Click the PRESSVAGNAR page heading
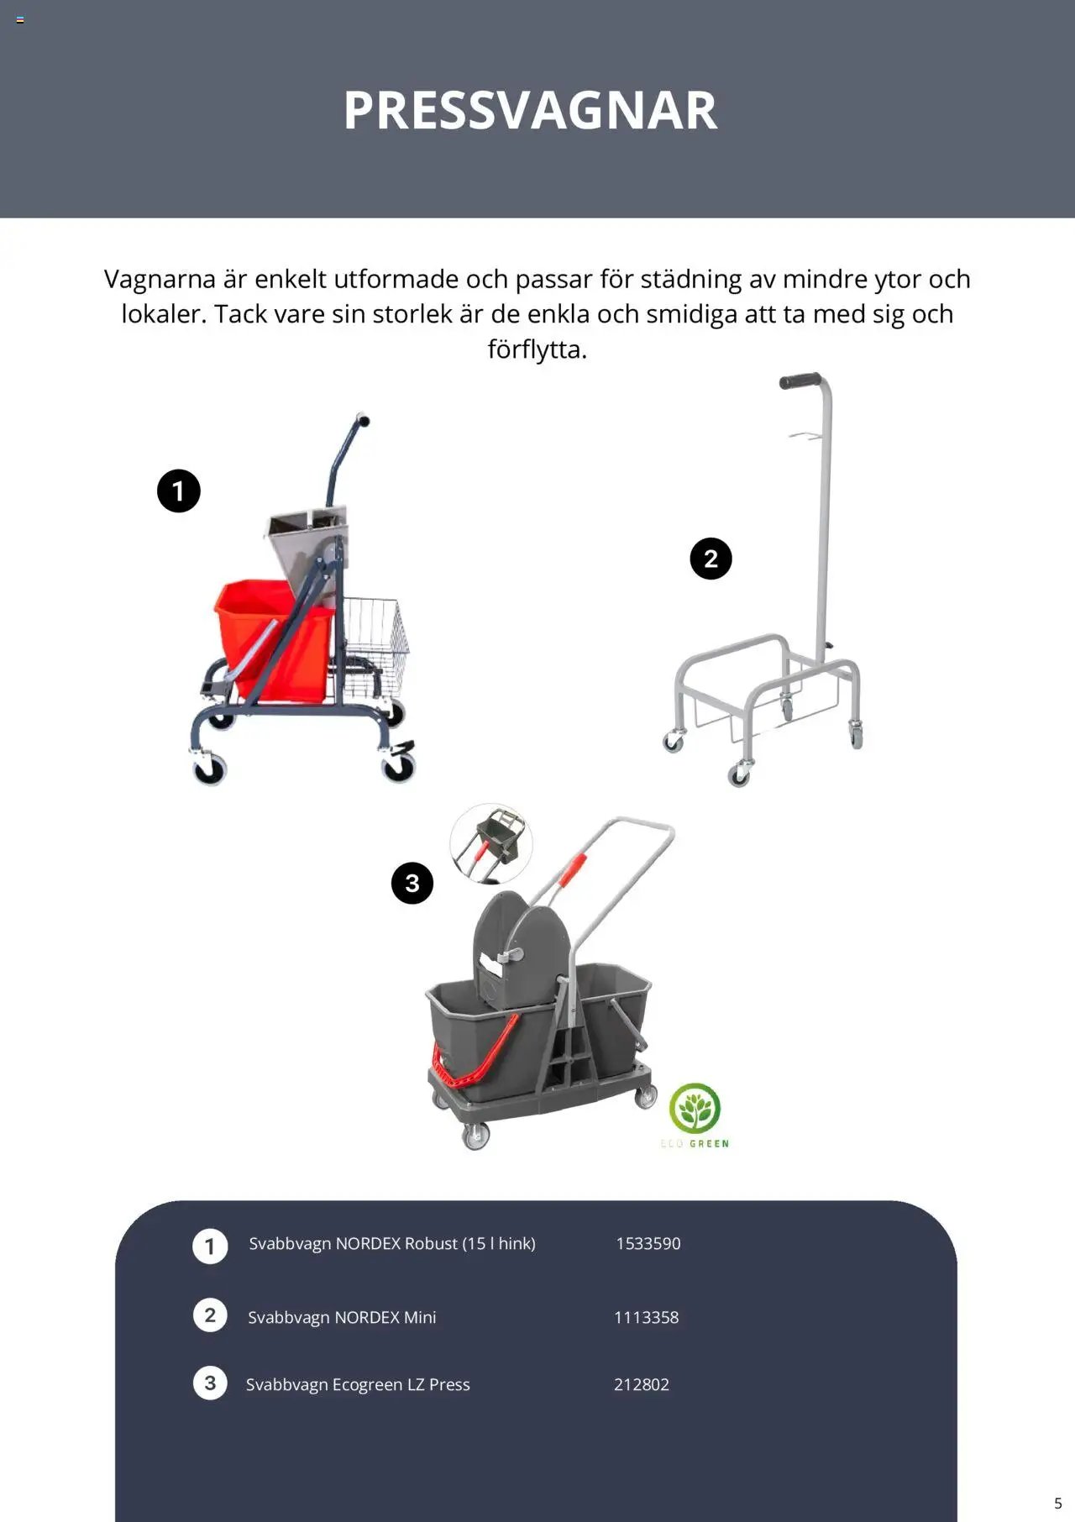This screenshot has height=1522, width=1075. (531, 110)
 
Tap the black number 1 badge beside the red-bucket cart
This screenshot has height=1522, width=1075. (179, 491)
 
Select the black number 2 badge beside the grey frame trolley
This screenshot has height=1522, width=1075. (711, 559)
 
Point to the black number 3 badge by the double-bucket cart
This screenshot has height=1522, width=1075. (412, 883)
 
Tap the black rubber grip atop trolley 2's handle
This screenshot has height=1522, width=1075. (800, 380)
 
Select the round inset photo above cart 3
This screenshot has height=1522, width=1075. (491, 843)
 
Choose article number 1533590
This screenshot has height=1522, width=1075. (648, 1243)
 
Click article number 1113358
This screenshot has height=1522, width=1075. (646, 1317)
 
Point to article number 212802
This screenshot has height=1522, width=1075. (642, 1384)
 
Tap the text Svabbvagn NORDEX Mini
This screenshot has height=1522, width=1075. (342, 1317)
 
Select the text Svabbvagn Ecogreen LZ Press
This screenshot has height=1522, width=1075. (358, 1384)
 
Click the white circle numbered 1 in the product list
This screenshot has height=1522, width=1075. (210, 1246)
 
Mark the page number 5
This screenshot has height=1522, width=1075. (1058, 1504)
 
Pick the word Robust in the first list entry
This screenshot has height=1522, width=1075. (431, 1243)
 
